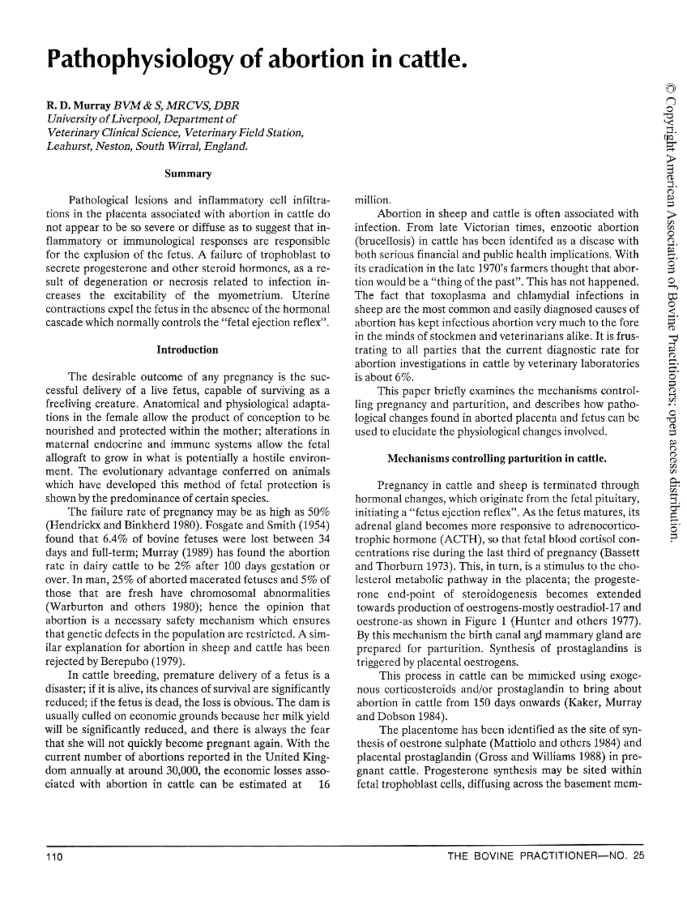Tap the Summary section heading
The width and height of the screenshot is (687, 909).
pyautogui.click(x=188, y=173)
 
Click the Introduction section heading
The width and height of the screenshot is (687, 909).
pyautogui.click(x=187, y=350)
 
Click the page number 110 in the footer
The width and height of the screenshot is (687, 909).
pyautogui.click(x=54, y=857)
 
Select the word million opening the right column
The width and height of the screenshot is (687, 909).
pyautogui.click(x=373, y=201)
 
